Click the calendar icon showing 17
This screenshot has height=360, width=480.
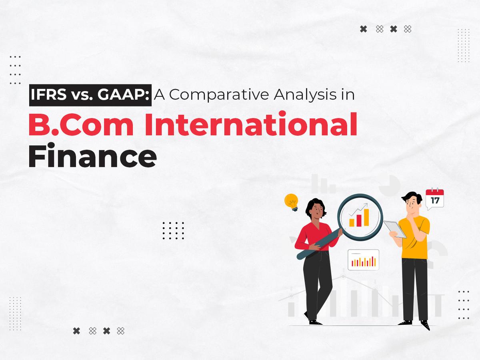[x=434, y=199]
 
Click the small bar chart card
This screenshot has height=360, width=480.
[x=363, y=260]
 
